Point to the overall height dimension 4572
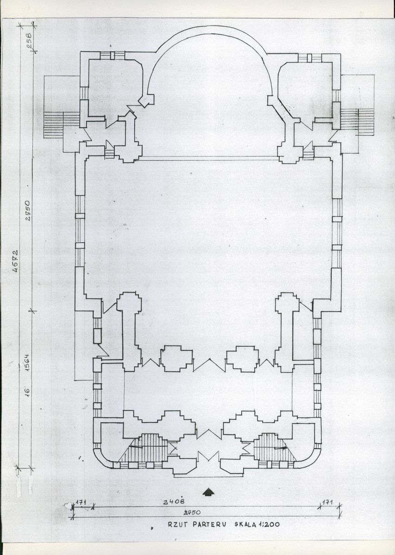coord(15,262)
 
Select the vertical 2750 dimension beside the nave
coord(28,210)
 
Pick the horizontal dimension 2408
coord(174,501)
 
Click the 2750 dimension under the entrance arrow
coord(191,512)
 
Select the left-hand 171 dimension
coord(81,502)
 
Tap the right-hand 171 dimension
coord(327,502)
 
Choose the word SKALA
coord(246,524)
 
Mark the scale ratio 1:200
coord(269,524)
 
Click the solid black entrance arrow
coord(209,492)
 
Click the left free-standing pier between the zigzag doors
coord(176,358)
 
